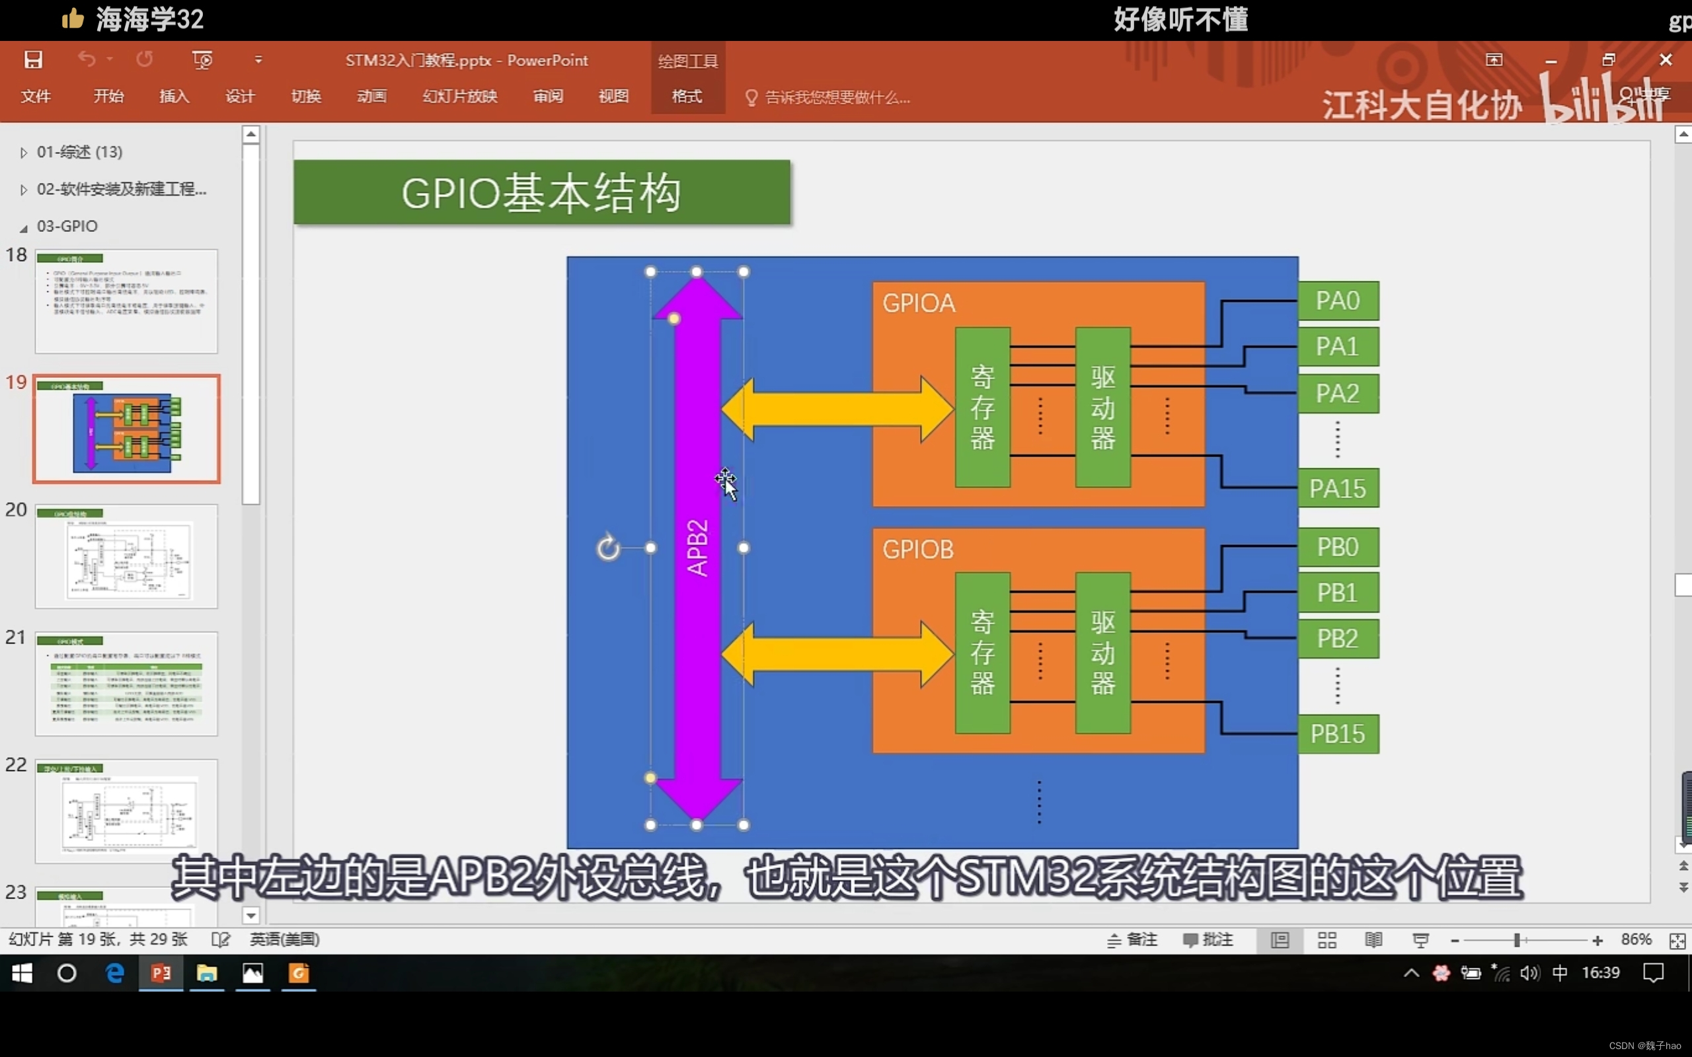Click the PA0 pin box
[1338, 301]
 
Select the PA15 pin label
[1338, 488]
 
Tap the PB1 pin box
[1338, 592]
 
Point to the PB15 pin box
[1338, 733]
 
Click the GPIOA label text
[918, 303]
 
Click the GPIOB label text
[917, 550]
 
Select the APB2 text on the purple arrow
[697, 548]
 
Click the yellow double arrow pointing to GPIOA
[837, 410]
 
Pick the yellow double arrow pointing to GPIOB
[837, 653]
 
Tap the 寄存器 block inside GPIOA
[982, 408]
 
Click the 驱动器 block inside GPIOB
[1102, 653]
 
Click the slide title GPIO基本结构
[542, 193]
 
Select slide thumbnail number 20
[126, 556]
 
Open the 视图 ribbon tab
[613, 96]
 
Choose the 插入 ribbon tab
[174, 96]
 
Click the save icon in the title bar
[33, 60]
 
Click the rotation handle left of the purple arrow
[608, 548]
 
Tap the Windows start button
[22, 972]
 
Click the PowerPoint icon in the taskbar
[161, 972]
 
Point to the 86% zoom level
[1636, 939]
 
